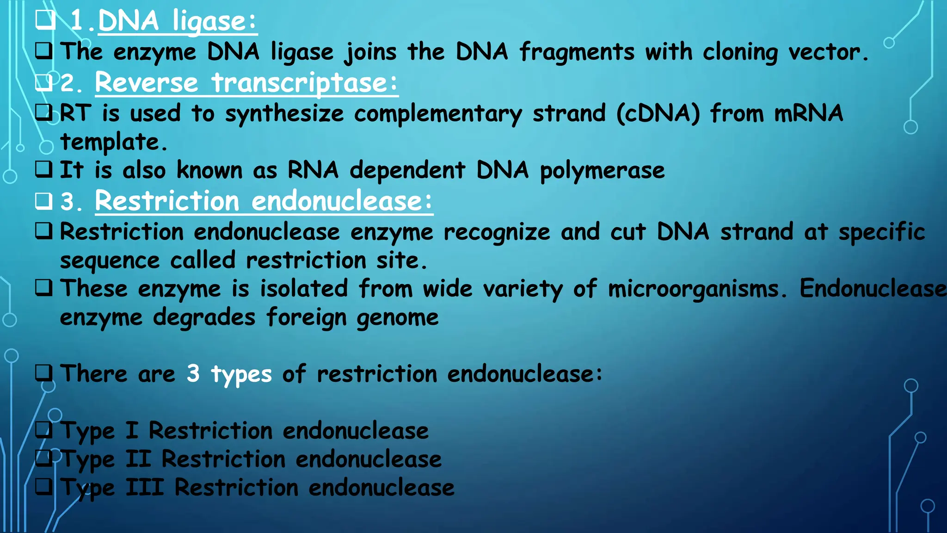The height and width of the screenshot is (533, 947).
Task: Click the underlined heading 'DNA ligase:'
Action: tap(177, 21)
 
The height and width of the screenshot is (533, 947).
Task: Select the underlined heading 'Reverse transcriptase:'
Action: tap(246, 83)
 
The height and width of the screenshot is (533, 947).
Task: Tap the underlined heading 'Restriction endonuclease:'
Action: tap(264, 201)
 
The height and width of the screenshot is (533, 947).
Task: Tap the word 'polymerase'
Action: tap(602, 171)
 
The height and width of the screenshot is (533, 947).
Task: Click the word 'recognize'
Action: tap(497, 232)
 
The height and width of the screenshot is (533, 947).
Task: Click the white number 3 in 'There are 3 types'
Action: tap(193, 373)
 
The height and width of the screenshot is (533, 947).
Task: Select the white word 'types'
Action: tap(241, 375)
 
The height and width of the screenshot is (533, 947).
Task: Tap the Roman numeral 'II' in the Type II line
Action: tap(138, 459)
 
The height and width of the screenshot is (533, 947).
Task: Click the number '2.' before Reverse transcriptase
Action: tap(71, 84)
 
